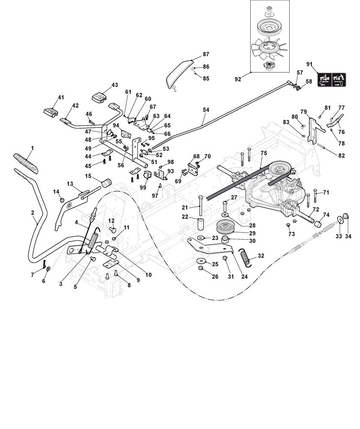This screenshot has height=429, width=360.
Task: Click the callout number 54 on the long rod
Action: tap(206, 110)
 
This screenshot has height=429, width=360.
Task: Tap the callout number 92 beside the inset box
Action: tap(238, 79)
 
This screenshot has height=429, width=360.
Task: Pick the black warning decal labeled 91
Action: tap(332, 79)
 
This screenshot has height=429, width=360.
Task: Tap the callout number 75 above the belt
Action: tap(263, 153)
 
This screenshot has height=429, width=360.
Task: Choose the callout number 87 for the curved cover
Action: tap(206, 54)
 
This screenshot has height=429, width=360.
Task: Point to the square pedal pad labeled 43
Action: tap(99, 97)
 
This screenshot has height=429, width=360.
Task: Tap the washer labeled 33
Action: tap(339, 219)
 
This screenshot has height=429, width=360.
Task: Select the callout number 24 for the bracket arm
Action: tap(245, 277)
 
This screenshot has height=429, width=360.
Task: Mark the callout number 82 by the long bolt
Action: tap(341, 155)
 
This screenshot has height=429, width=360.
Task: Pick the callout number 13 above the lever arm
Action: tap(70, 184)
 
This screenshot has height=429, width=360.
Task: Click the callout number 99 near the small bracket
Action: tap(143, 187)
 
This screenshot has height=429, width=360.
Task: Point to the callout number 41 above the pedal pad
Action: tap(60, 98)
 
